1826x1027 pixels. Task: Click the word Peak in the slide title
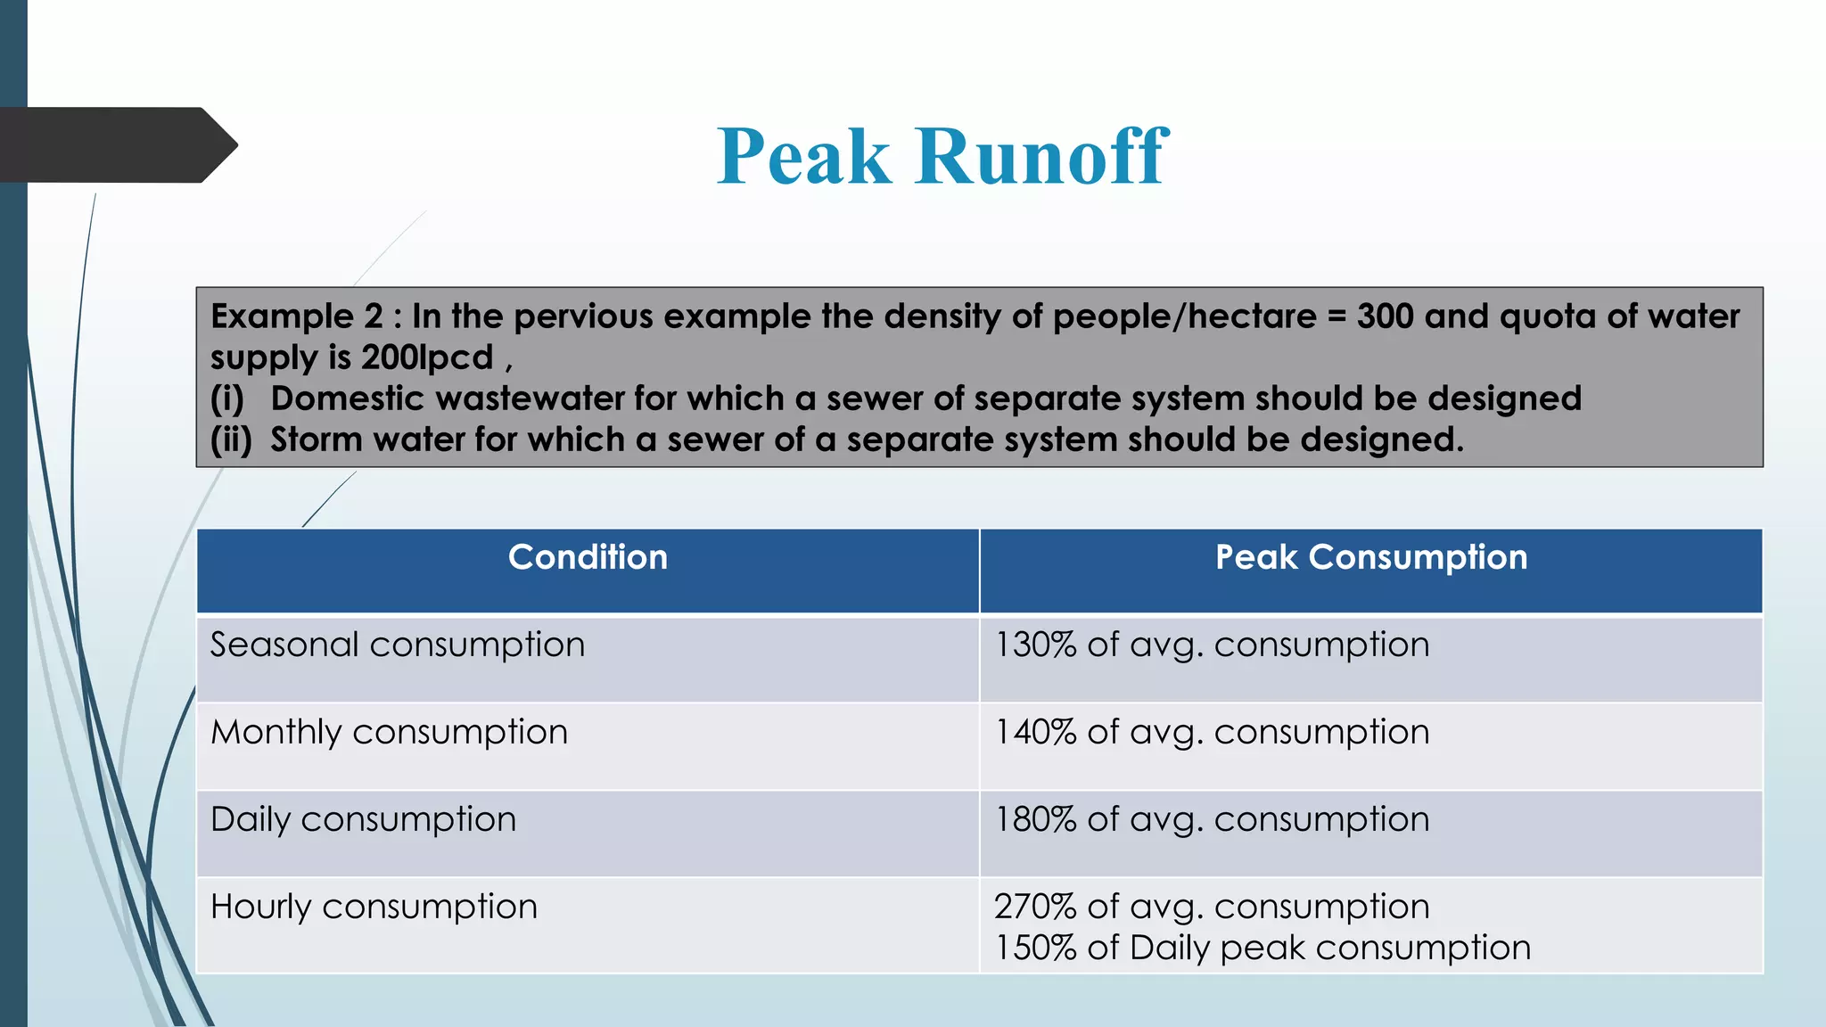pyautogui.click(x=804, y=157)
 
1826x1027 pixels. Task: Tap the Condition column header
pyautogui.click(x=588, y=557)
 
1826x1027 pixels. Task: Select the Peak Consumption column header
pyautogui.click(x=1370, y=557)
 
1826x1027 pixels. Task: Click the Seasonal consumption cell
pyautogui.click(x=398, y=645)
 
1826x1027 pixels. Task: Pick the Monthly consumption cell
pyautogui.click(x=389, y=732)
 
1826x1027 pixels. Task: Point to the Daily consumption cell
pyautogui.click(x=363, y=819)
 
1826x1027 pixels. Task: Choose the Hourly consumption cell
pyautogui.click(x=374, y=907)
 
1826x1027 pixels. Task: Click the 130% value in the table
pyautogui.click(x=1035, y=645)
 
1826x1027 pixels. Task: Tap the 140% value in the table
pyautogui.click(x=1035, y=732)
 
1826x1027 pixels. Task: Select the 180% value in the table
pyautogui.click(x=1035, y=819)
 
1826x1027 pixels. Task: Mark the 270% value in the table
pyautogui.click(x=1035, y=907)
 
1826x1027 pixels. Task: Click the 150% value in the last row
pyautogui.click(x=1035, y=948)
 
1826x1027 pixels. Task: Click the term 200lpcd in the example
pyautogui.click(x=427, y=357)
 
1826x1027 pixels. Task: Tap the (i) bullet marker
pyautogui.click(x=226, y=398)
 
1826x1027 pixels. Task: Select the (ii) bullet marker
pyautogui.click(x=231, y=440)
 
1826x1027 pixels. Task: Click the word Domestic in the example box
pyautogui.click(x=348, y=398)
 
